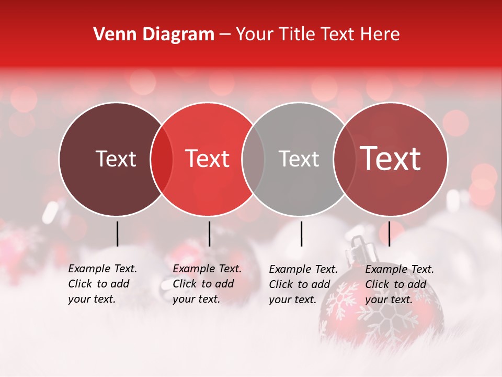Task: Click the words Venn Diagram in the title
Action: click(x=154, y=35)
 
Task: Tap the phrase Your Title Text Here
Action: click(x=317, y=35)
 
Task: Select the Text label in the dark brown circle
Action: click(x=116, y=159)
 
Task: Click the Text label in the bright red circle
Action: click(x=208, y=159)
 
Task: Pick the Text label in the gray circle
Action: click(x=299, y=159)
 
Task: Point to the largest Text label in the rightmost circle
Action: click(x=391, y=159)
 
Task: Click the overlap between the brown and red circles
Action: click(x=162, y=159)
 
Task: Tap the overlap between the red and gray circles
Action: click(x=253, y=159)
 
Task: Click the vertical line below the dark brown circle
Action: click(x=117, y=234)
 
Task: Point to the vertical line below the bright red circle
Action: click(x=209, y=234)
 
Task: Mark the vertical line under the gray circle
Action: click(x=301, y=234)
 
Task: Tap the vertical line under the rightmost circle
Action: click(x=389, y=234)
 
